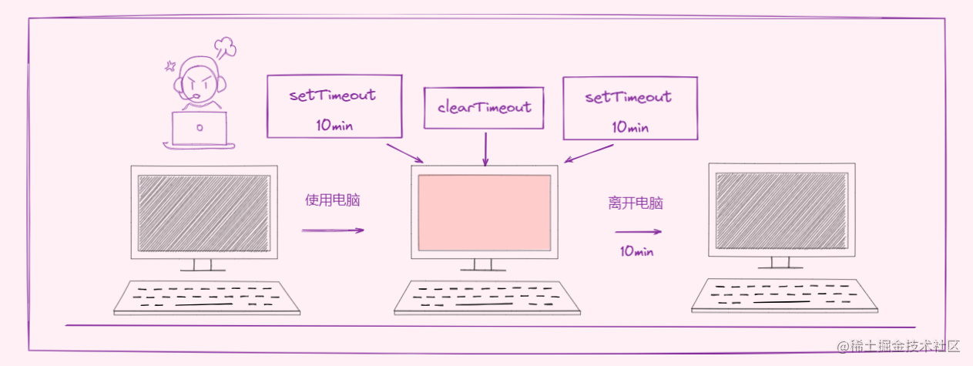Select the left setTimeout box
(334, 106)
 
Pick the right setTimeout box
(630, 108)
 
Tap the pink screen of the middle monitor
(485, 213)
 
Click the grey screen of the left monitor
(203, 213)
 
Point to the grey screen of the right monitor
(781, 210)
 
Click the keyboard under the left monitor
(206, 297)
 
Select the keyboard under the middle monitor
(487, 298)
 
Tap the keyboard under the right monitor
(784, 296)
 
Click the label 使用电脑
(333, 200)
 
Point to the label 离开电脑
(636, 203)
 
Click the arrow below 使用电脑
(332, 230)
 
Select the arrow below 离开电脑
(638, 231)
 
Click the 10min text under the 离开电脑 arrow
(636, 251)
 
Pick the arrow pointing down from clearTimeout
(485, 148)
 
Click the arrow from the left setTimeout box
(404, 153)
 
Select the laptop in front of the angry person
(200, 129)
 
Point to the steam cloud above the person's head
(225, 48)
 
